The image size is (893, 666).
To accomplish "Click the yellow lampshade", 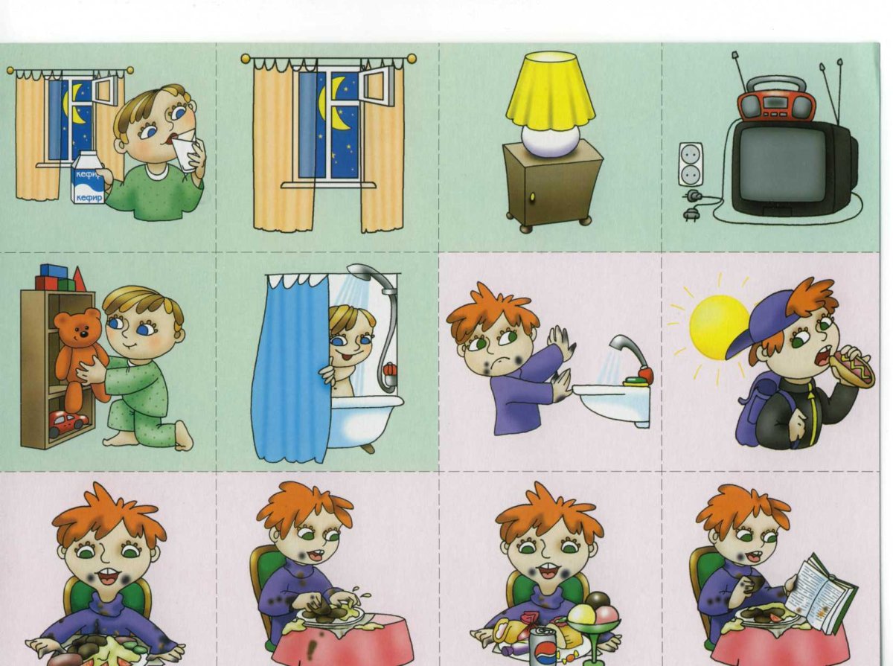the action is (551, 89).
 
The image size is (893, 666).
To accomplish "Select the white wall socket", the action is (691, 164).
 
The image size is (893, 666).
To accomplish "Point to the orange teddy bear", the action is (81, 352).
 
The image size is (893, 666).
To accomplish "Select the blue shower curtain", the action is (290, 366).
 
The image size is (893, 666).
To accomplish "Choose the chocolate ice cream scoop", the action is (598, 602).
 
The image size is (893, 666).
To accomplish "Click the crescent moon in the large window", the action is (333, 103).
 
